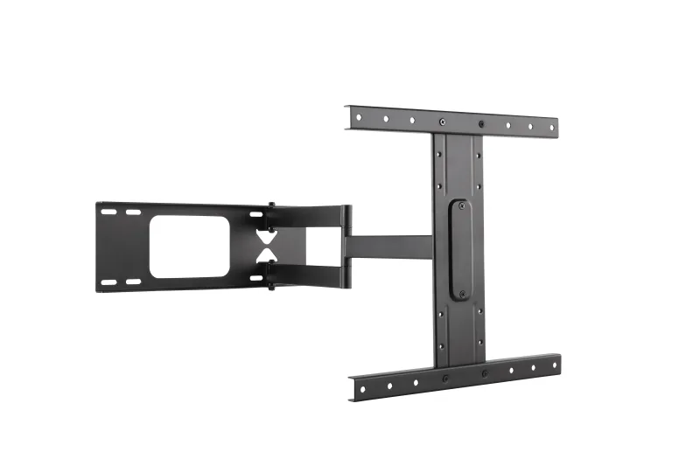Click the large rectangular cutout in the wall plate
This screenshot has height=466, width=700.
[189, 247]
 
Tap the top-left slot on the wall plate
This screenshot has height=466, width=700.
[108, 212]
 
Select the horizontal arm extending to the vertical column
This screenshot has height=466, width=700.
[389, 247]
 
